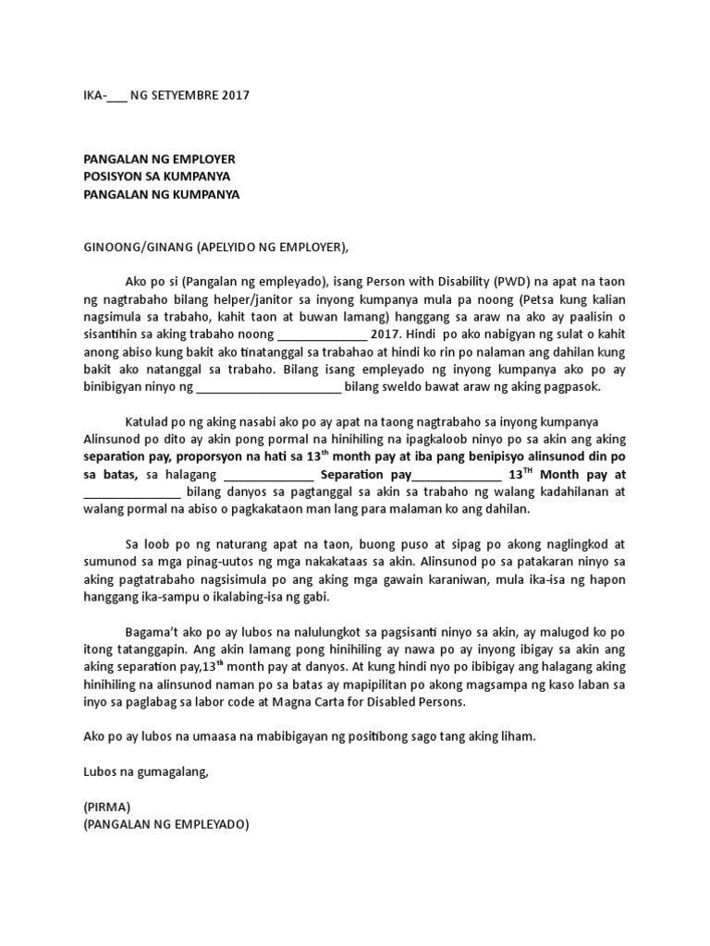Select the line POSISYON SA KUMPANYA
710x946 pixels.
[156, 176]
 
